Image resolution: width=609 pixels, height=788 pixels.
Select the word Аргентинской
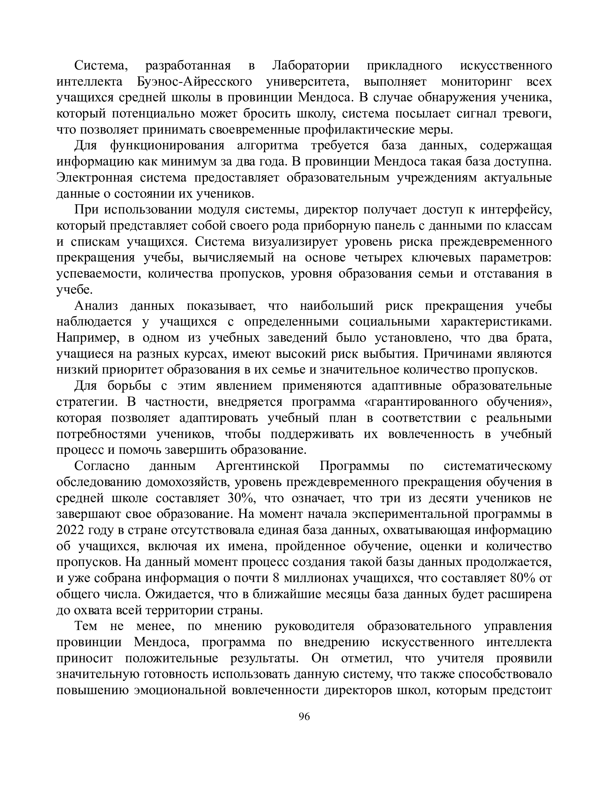coord(258,466)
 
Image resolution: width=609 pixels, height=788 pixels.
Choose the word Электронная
coord(95,178)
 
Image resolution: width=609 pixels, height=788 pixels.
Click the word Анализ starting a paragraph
coord(96,306)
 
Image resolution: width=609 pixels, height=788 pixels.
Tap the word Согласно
coord(102,466)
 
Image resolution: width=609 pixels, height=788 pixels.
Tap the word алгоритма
coord(267,146)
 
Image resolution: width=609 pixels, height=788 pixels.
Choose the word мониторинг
coord(476,82)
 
